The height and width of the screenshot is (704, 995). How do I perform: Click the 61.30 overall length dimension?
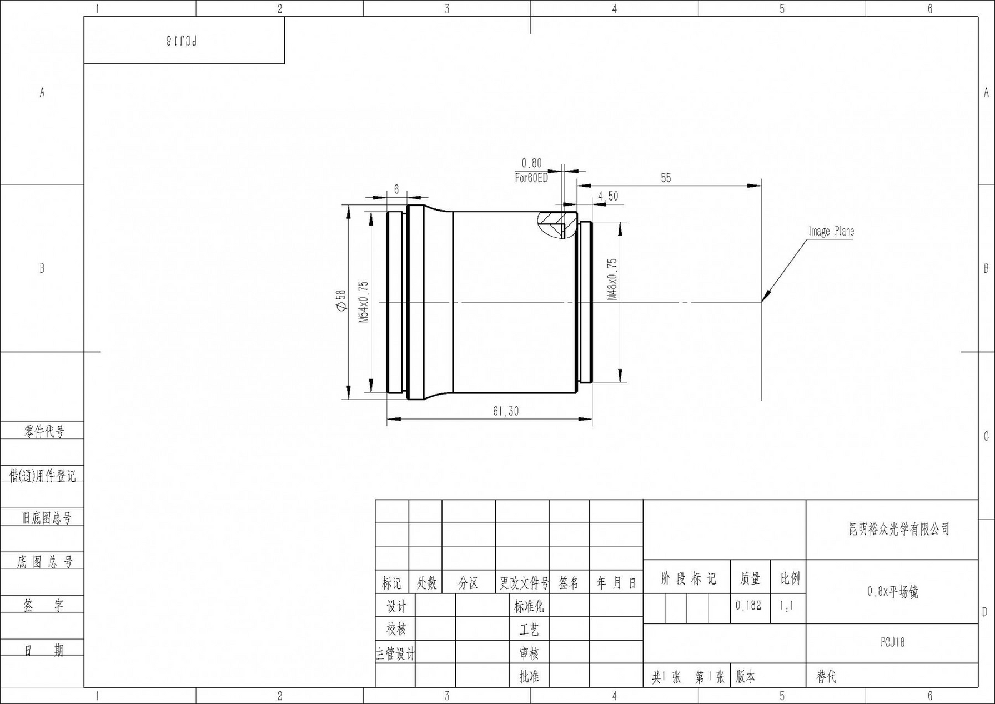tap(505, 411)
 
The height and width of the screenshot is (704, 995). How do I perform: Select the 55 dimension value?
tap(666, 178)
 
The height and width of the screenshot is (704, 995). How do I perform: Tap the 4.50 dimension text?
tap(608, 196)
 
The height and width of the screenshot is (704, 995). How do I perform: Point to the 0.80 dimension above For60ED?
tap(531, 163)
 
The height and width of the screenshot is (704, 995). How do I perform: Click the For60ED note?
tap(531, 178)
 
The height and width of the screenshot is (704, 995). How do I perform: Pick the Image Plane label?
tap(831, 231)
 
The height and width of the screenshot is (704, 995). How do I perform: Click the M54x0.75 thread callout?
tap(363, 302)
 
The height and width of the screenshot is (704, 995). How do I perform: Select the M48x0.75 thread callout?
tap(612, 279)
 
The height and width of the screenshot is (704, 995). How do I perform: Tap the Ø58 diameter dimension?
tap(341, 301)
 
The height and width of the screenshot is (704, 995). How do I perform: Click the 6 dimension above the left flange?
tap(396, 189)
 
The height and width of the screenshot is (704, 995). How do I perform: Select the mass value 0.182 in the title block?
tap(748, 605)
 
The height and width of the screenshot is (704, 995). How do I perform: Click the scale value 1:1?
tap(786, 606)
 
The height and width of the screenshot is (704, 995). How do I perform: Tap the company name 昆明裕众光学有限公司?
tap(899, 529)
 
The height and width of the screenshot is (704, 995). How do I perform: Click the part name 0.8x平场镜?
tap(892, 592)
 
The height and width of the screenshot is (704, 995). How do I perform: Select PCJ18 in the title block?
tap(892, 642)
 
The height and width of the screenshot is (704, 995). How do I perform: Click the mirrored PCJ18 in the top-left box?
tap(182, 41)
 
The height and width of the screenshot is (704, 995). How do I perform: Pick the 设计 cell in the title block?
tap(395, 606)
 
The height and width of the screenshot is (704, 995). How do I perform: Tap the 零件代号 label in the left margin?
tap(44, 431)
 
